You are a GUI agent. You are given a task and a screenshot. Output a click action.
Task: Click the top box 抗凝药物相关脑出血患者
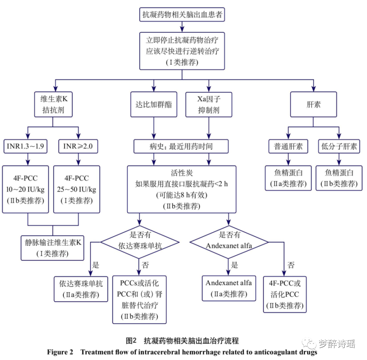(x=183, y=14)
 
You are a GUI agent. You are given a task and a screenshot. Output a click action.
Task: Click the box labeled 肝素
(x=313, y=104)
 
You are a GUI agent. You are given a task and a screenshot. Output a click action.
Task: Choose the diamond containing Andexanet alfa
(x=229, y=242)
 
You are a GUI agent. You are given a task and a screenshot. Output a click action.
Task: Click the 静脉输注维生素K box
(x=52, y=248)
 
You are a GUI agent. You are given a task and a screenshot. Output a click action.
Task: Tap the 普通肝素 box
(x=288, y=147)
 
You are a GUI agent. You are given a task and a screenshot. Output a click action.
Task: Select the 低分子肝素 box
(x=339, y=147)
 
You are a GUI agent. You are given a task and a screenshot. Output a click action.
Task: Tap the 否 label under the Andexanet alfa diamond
(x=291, y=265)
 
